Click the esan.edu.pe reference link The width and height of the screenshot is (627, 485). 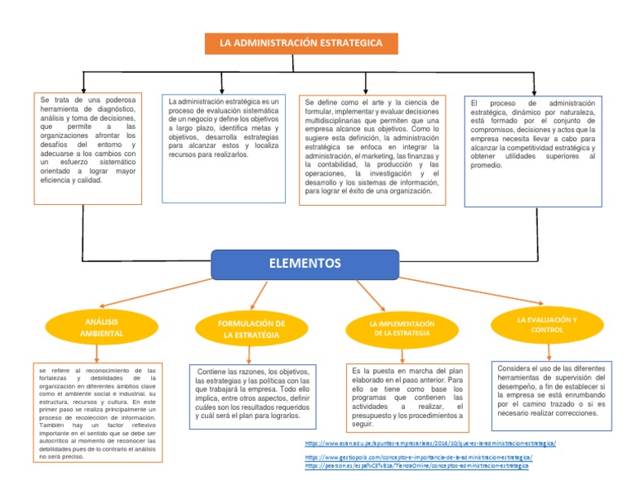429,443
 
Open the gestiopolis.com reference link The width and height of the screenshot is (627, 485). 419,458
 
